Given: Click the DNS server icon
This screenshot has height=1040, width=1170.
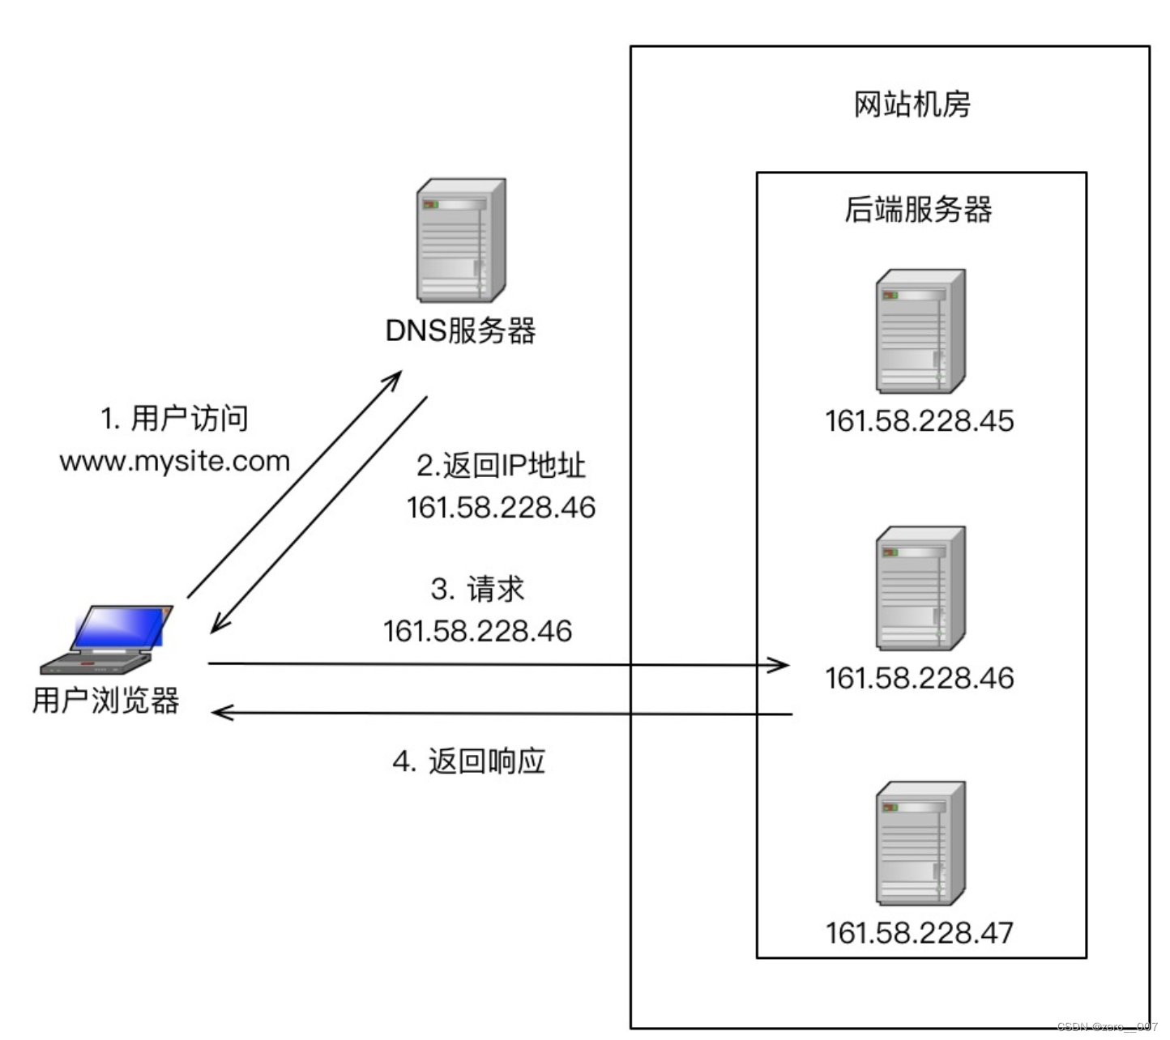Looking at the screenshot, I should pyautogui.click(x=461, y=241).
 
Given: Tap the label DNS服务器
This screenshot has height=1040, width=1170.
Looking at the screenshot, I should pyautogui.click(x=460, y=330).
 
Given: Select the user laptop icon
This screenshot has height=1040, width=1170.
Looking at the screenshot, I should pyautogui.click(x=110, y=640).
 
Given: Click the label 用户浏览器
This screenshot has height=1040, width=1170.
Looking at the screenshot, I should pyautogui.click(x=106, y=701).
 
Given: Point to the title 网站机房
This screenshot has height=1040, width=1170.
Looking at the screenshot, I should pyautogui.click(x=912, y=104).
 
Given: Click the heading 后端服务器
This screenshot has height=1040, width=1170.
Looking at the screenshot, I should pyautogui.click(x=918, y=210).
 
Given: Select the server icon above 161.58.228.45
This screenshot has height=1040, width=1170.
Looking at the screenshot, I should pyautogui.click(x=920, y=331).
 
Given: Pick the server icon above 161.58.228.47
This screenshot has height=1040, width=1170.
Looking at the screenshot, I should pyautogui.click(x=920, y=843).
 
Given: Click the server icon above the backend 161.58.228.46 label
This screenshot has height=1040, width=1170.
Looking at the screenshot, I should pyautogui.click(x=920, y=588).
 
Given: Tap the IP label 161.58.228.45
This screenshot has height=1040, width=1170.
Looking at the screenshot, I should pyautogui.click(x=919, y=421).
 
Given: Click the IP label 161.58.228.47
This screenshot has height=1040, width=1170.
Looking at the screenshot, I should pyautogui.click(x=919, y=933).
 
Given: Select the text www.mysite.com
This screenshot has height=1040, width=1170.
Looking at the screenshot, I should pyautogui.click(x=175, y=461).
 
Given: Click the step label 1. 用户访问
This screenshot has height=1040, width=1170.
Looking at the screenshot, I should pyautogui.click(x=174, y=419).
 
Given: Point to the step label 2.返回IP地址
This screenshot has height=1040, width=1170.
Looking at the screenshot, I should pyautogui.click(x=501, y=466).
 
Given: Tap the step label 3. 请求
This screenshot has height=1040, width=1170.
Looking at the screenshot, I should pyautogui.click(x=477, y=589).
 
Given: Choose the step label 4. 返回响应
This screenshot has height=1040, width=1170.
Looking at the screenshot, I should pyautogui.click(x=469, y=761).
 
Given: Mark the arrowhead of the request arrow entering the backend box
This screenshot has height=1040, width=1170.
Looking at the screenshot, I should pyautogui.click(x=781, y=665).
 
